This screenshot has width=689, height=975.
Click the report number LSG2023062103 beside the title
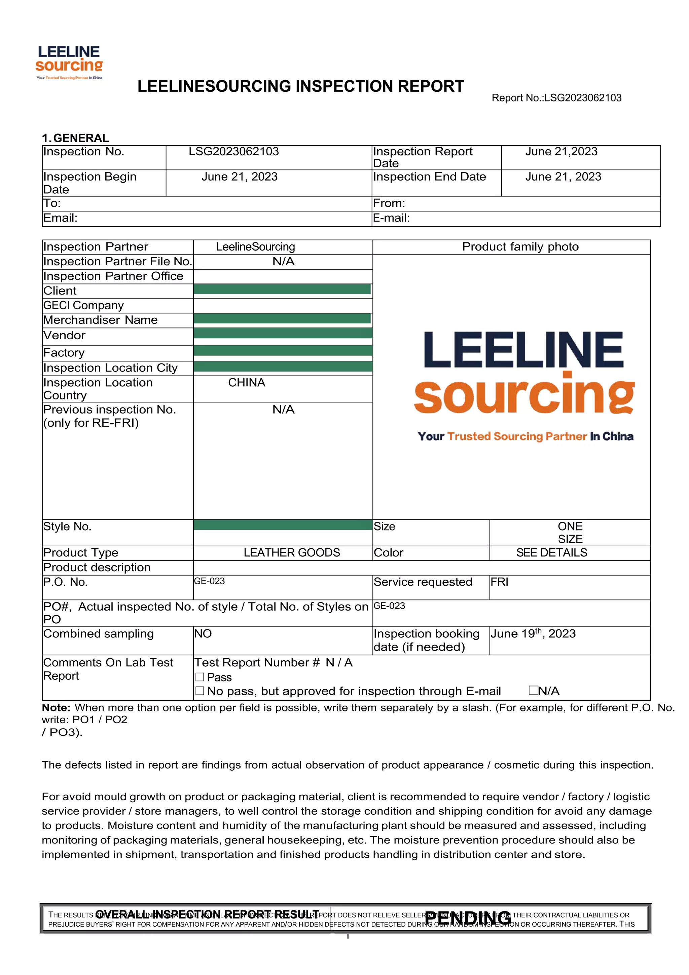tap(556, 98)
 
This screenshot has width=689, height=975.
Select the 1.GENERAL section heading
tap(75, 138)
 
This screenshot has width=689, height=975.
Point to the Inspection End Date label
tap(429, 177)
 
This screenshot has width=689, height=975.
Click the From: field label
tap(389, 203)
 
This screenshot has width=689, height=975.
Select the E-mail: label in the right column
tap(391, 218)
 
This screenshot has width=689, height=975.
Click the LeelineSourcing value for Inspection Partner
tap(255, 247)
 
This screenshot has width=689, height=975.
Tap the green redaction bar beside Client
tap(282, 289)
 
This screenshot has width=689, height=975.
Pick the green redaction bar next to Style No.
tap(283, 525)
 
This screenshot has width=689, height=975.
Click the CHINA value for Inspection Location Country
tap(247, 383)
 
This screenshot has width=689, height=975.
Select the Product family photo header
tap(520, 247)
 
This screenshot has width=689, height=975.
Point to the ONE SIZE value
tap(570, 533)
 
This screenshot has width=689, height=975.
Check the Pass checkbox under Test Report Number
tap(200, 677)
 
